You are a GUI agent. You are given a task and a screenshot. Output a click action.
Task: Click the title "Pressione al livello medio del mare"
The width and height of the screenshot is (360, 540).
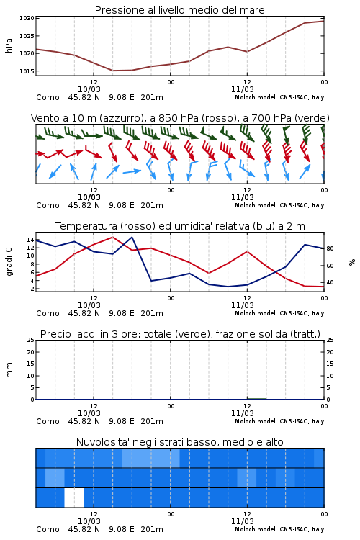point(179,10)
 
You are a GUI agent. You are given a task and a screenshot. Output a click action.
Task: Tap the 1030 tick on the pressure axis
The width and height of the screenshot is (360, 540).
point(27,18)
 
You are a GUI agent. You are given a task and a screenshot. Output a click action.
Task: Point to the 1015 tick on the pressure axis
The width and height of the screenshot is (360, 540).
point(27,71)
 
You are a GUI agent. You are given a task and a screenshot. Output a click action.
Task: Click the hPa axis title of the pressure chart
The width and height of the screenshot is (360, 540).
point(9,45)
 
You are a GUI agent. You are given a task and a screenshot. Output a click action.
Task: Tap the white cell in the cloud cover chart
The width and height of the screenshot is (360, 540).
point(73,498)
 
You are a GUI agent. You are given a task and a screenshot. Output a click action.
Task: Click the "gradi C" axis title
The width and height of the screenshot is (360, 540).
point(9,261)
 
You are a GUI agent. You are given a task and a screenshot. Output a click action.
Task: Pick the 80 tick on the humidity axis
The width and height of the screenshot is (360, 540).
point(330,248)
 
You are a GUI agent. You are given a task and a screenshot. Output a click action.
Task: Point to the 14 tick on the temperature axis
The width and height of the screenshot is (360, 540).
point(30,240)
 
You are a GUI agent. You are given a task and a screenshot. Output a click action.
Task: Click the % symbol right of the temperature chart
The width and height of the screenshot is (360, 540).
point(352,262)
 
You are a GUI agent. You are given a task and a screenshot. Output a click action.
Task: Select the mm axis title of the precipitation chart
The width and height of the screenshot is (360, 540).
point(9,370)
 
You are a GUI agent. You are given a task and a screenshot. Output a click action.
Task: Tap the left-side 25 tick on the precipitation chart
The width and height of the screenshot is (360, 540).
point(31,340)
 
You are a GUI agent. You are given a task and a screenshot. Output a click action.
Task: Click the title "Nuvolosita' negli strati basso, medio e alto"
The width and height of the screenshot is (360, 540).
point(179,442)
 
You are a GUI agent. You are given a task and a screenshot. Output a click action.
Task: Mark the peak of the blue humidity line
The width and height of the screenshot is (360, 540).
point(132,237)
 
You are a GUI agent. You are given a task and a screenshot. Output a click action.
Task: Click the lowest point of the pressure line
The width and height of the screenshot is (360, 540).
point(113,71)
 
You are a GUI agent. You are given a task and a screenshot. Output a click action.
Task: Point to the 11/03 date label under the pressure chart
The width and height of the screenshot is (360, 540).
point(242,89)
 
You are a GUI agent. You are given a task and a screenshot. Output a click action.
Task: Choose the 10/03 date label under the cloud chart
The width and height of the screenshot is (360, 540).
point(89,521)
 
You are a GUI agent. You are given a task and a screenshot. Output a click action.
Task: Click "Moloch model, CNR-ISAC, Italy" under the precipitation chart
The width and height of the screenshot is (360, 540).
point(279,421)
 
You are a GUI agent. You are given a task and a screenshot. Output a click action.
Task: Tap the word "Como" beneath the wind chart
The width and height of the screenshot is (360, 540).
point(48,205)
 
